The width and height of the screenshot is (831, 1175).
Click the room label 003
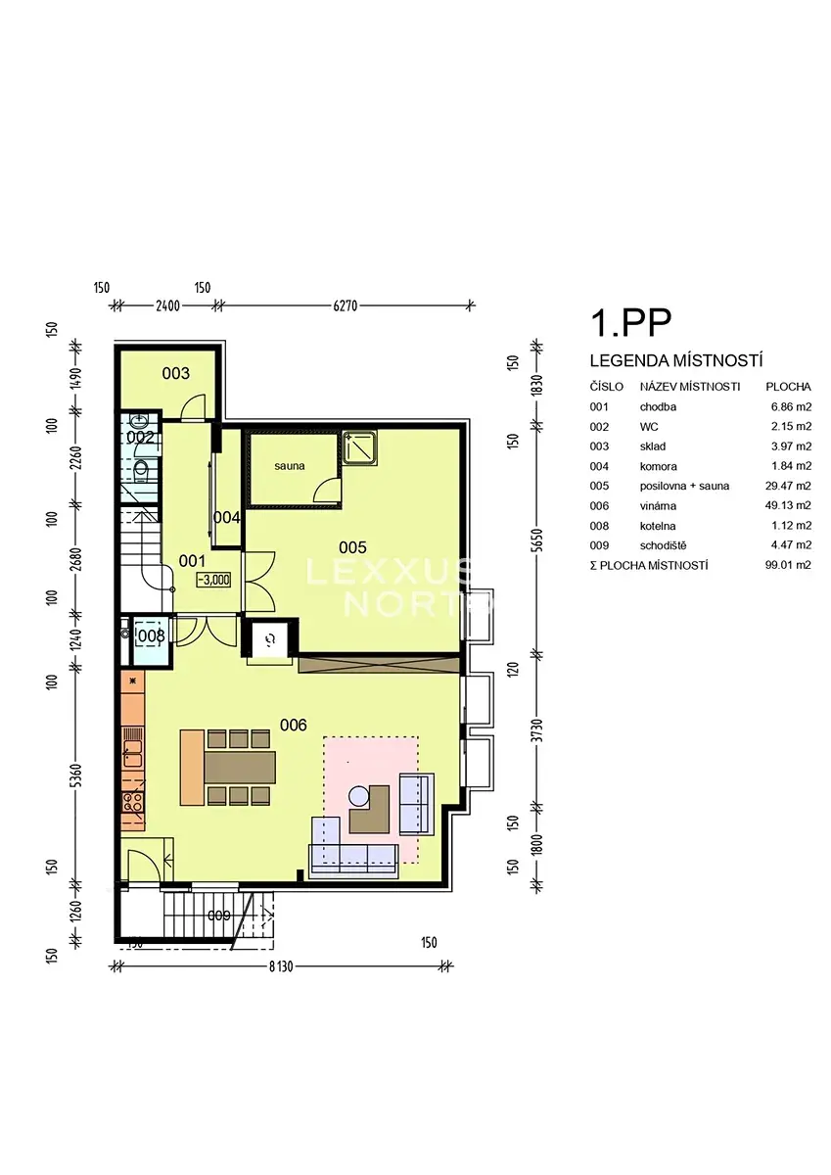(175, 373)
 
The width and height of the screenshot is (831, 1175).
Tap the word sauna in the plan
(290, 466)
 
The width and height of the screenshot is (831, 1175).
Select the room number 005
(352, 547)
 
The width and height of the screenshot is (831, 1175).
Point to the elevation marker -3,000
(214, 580)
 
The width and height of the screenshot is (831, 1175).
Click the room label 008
(151, 636)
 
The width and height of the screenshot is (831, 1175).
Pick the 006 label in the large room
(293, 726)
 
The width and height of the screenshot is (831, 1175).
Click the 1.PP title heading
(630, 323)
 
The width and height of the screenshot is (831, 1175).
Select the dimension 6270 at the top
(346, 305)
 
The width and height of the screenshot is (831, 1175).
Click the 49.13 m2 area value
(788, 505)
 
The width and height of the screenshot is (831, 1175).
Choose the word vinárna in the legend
(658, 506)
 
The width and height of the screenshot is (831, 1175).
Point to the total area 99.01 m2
(788, 565)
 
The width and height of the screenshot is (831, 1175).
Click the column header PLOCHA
(788, 387)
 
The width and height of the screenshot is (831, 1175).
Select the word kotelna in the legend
(658, 526)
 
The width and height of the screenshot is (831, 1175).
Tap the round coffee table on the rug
(359, 797)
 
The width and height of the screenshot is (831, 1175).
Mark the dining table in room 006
(240, 768)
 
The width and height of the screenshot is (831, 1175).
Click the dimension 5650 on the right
(537, 540)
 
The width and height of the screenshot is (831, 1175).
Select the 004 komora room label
(226, 518)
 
